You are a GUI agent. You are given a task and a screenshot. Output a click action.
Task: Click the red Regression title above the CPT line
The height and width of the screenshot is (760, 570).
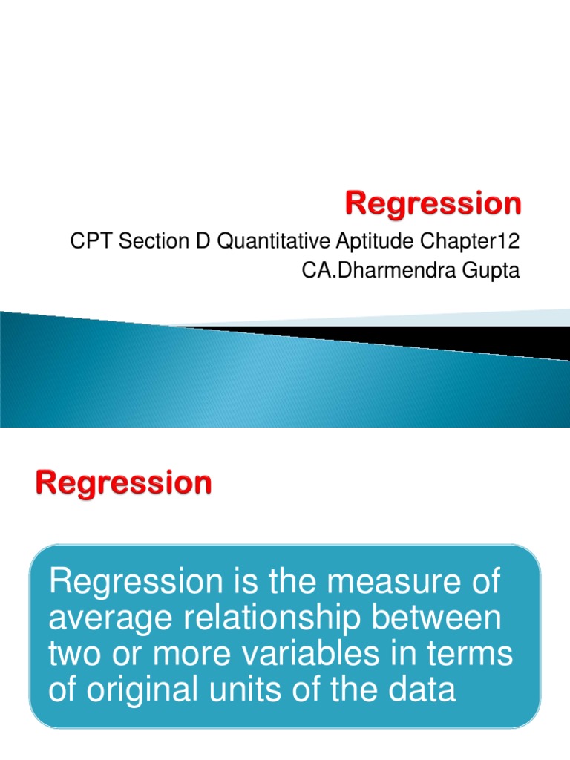(433, 203)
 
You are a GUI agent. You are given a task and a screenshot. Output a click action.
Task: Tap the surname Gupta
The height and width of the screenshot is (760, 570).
(491, 272)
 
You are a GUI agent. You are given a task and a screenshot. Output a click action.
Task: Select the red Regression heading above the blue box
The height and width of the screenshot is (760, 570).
(122, 484)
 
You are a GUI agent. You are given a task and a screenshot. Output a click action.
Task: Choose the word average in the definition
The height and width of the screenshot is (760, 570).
(108, 618)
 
